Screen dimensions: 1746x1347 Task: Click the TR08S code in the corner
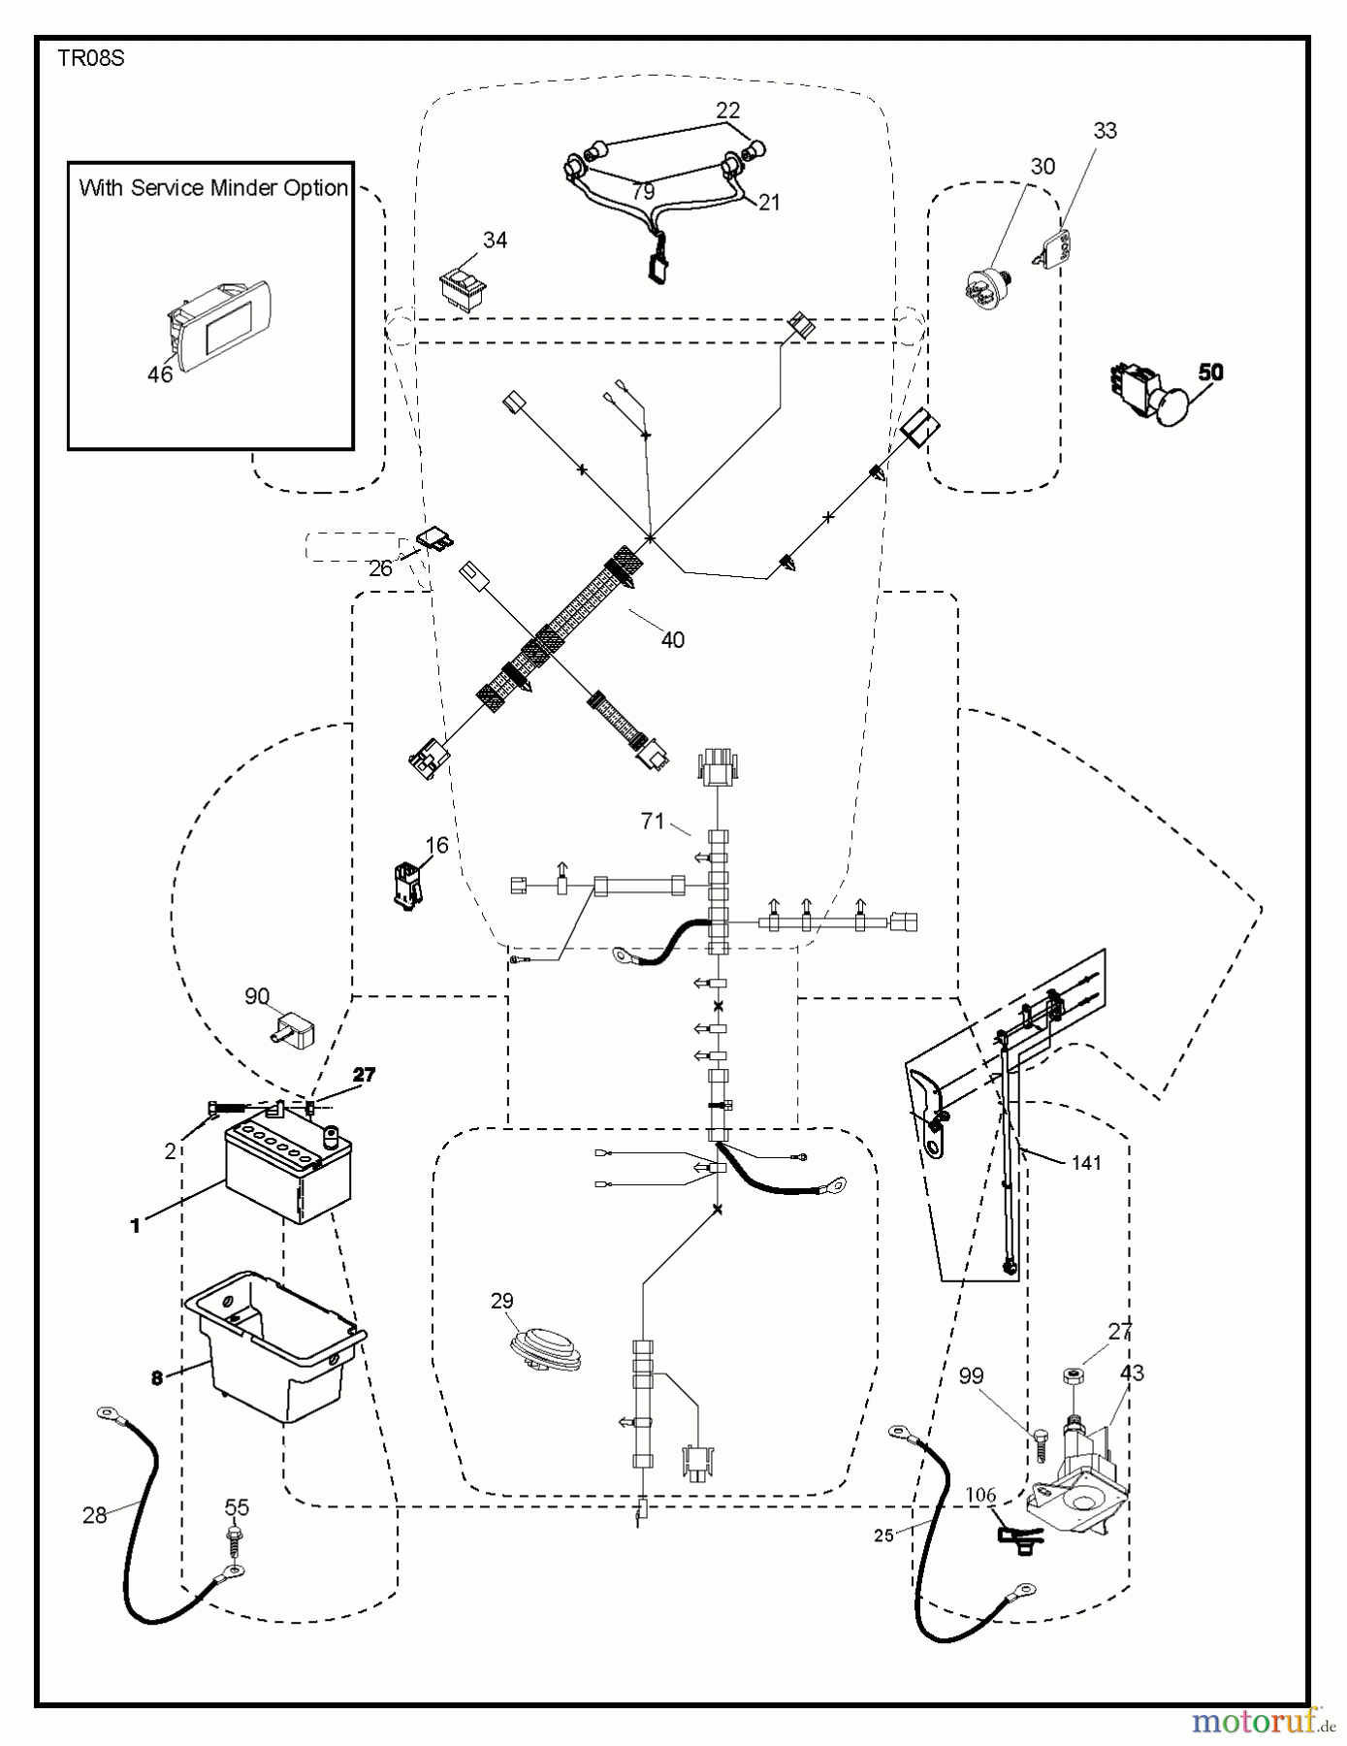91,59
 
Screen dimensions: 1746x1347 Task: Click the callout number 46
160,373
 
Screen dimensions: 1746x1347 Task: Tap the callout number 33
1105,131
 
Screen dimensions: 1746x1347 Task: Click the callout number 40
672,640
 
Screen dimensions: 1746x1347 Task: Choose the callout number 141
1086,1162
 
